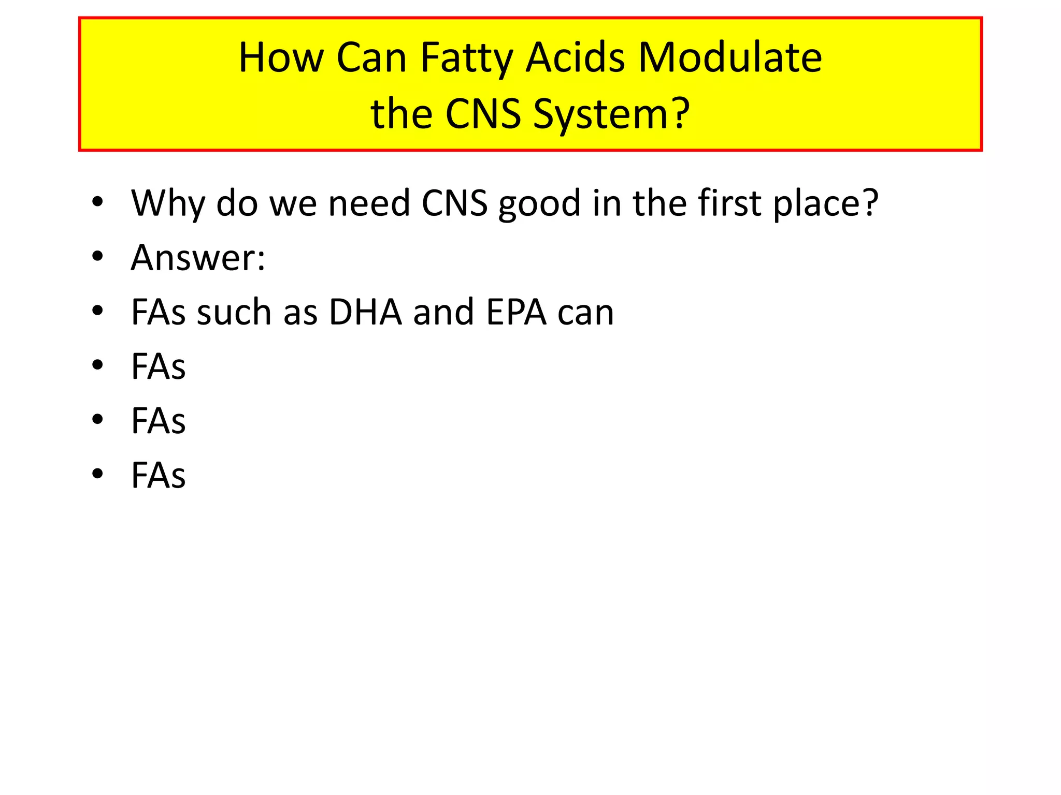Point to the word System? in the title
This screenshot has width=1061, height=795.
click(611, 114)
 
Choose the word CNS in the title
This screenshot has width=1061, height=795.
click(483, 114)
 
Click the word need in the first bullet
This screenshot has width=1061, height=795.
click(369, 203)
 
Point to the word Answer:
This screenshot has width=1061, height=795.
click(198, 257)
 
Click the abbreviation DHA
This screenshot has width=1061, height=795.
click(365, 312)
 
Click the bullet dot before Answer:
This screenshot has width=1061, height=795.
click(97, 256)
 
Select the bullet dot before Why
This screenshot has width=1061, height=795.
click(97, 202)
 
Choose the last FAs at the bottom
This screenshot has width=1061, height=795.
click(158, 475)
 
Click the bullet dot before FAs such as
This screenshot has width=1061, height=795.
click(97, 311)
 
